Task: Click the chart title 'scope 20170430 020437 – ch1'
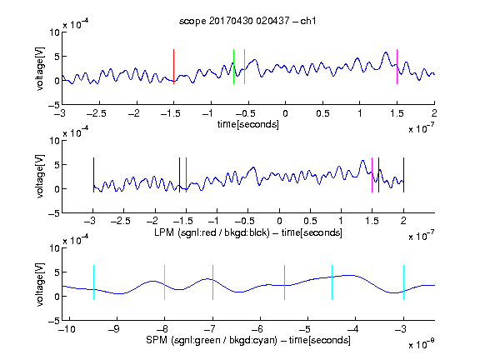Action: [247, 21]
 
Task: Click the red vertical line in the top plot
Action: [173, 67]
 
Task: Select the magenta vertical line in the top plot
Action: [397, 67]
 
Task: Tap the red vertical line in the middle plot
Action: [186, 175]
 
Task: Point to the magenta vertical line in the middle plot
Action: [372, 175]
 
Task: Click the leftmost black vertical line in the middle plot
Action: [93, 175]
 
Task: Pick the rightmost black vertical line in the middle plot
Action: [403, 175]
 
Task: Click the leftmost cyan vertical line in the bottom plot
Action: [93, 282]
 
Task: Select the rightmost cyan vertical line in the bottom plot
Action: [403, 282]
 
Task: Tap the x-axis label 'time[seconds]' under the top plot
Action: [248, 125]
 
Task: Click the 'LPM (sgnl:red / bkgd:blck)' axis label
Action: [212, 232]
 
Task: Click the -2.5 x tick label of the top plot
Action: [97, 113]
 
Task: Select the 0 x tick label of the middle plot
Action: [279, 221]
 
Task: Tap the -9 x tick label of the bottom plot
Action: [114, 329]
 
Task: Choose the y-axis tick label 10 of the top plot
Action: [55, 32]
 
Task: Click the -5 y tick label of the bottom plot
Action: [54, 321]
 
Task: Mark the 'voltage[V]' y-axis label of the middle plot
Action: [40, 177]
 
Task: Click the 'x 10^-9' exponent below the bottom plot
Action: [422, 344]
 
